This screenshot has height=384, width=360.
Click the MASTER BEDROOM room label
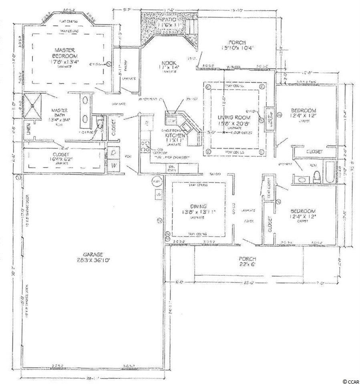click(x=66, y=53)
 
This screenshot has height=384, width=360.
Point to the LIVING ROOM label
click(x=234, y=117)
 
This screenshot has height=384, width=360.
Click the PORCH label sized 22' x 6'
click(x=247, y=259)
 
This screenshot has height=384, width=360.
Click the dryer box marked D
click(x=113, y=153)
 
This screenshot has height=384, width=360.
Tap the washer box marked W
click(x=113, y=164)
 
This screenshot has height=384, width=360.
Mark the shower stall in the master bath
click(x=32, y=106)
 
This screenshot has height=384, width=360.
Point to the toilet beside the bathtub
click(x=316, y=175)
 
